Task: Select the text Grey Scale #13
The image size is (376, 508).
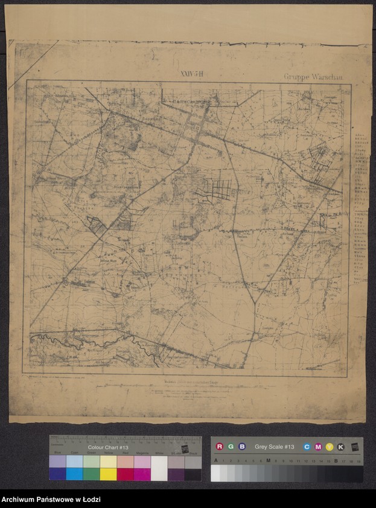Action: pos(274,447)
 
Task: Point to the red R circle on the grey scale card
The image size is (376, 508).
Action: pos(220,447)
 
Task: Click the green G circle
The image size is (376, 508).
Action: pos(231,447)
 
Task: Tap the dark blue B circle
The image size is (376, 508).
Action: pos(241,447)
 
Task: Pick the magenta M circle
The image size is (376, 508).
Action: pos(318,447)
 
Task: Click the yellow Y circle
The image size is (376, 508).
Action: pos(330,447)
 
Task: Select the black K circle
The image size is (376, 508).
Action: pos(341,447)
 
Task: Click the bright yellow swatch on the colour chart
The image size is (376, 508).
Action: pos(108,474)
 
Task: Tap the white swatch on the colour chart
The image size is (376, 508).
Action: pos(159,468)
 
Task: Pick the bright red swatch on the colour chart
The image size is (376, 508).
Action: pos(125,474)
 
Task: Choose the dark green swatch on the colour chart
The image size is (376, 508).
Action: pos(91,474)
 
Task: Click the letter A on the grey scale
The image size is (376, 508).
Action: pos(215,461)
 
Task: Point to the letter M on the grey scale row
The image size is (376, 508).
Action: pos(268,461)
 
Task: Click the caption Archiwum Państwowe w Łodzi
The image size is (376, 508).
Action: pos(51,499)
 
